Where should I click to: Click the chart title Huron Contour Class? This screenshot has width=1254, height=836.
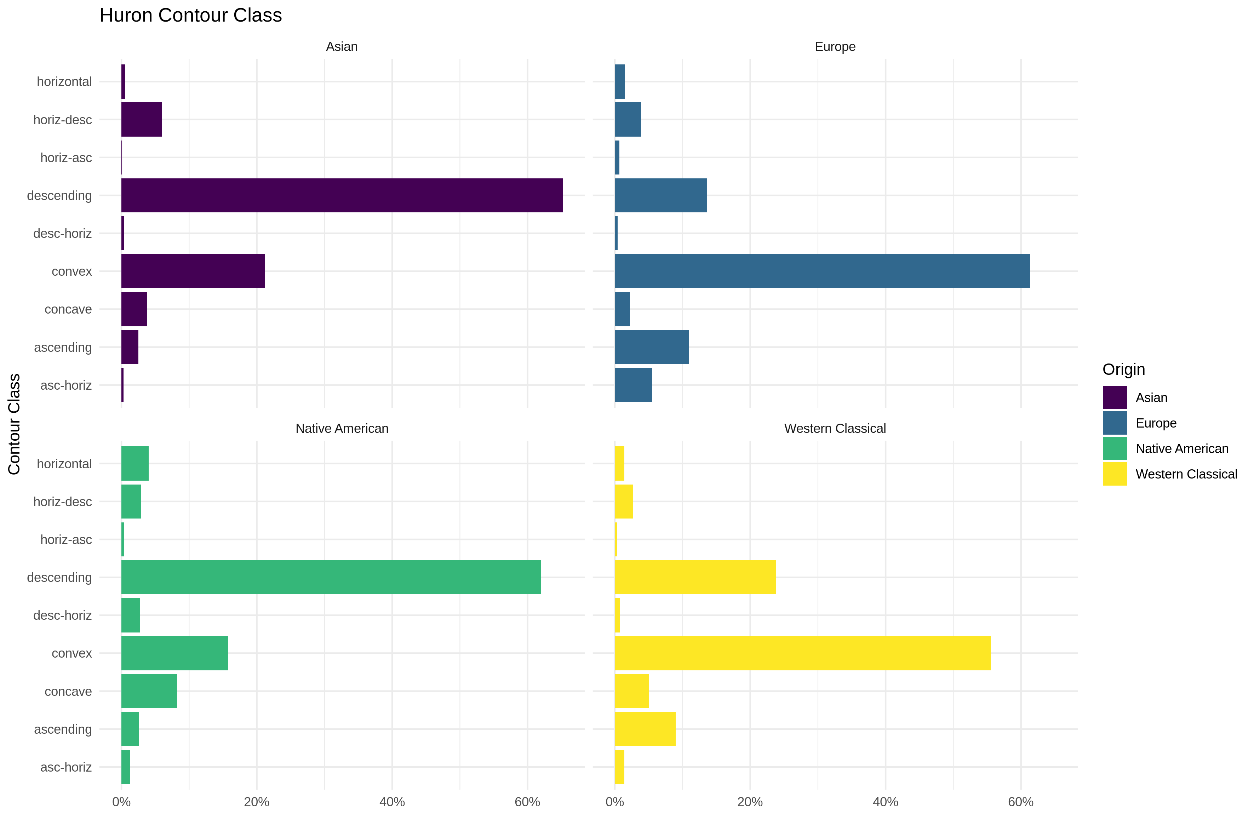[x=190, y=16]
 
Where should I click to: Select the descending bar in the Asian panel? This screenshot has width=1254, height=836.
[x=342, y=195]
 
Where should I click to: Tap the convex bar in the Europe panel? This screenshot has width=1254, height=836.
[x=822, y=271]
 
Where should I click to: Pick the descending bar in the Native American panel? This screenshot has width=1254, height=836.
[x=331, y=577]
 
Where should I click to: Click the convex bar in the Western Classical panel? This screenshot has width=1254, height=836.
[x=802, y=653]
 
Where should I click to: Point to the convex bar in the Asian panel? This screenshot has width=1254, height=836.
[x=193, y=271]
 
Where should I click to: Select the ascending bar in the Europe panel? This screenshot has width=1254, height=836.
[x=652, y=347]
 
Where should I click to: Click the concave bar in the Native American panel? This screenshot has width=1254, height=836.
[x=149, y=691]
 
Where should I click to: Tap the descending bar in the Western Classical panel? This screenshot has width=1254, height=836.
[x=695, y=577]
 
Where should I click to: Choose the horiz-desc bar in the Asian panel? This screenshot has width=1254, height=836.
[x=142, y=119]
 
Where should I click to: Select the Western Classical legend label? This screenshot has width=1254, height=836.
[x=1186, y=474]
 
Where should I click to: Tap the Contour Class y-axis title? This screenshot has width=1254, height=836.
[x=15, y=424]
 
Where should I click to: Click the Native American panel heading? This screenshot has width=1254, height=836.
[x=342, y=428]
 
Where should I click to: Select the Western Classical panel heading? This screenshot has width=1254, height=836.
[x=835, y=428]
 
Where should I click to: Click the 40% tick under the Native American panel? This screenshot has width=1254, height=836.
[x=392, y=802]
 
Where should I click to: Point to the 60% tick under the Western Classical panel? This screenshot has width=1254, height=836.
[x=1020, y=802]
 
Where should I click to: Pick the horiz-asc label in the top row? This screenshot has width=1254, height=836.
[x=66, y=158]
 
